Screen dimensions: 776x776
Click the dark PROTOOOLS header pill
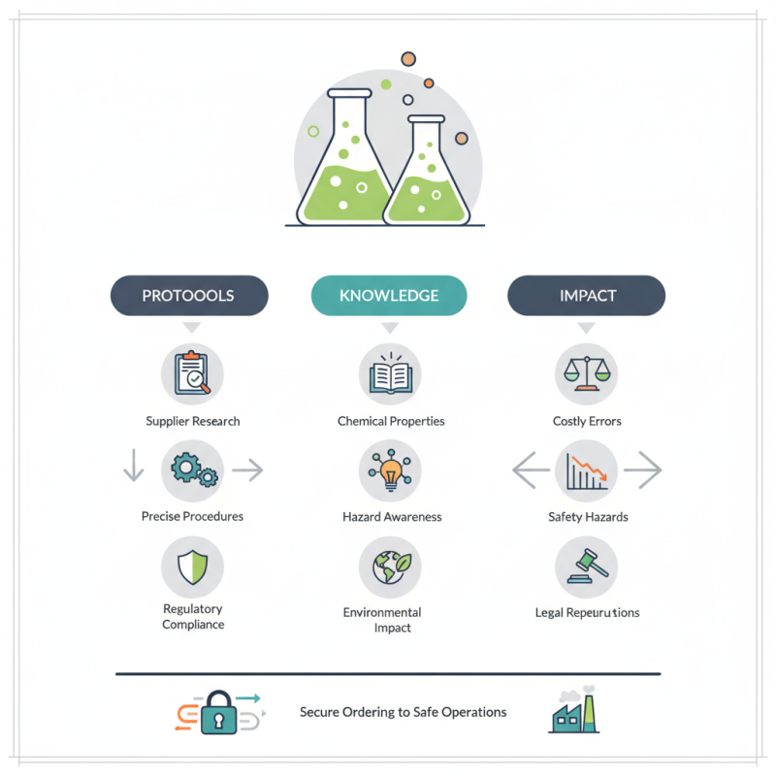click(x=188, y=296)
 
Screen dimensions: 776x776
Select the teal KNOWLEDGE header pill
click(x=389, y=296)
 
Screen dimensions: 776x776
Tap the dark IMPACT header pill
click(x=587, y=296)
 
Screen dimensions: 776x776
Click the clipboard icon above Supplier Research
click(x=192, y=373)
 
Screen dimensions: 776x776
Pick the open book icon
click(x=390, y=373)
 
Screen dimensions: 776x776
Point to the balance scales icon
click(x=586, y=373)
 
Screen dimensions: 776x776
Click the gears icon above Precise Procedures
click(x=193, y=470)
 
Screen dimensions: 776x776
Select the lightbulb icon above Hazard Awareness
click(x=390, y=470)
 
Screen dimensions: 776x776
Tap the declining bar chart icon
click(x=586, y=470)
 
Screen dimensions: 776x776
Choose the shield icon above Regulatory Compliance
click(x=192, y=566)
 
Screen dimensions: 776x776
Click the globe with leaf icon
click(x=390, y=566)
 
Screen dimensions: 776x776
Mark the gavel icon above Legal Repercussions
click(x=586, y=566)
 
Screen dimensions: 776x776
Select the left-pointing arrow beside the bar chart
click(x=530, y=471)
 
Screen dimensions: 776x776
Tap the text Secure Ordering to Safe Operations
click(x=403, y=712)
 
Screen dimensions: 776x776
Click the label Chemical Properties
click(x=391, y=421)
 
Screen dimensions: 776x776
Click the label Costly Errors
click(x=587, y=421)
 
